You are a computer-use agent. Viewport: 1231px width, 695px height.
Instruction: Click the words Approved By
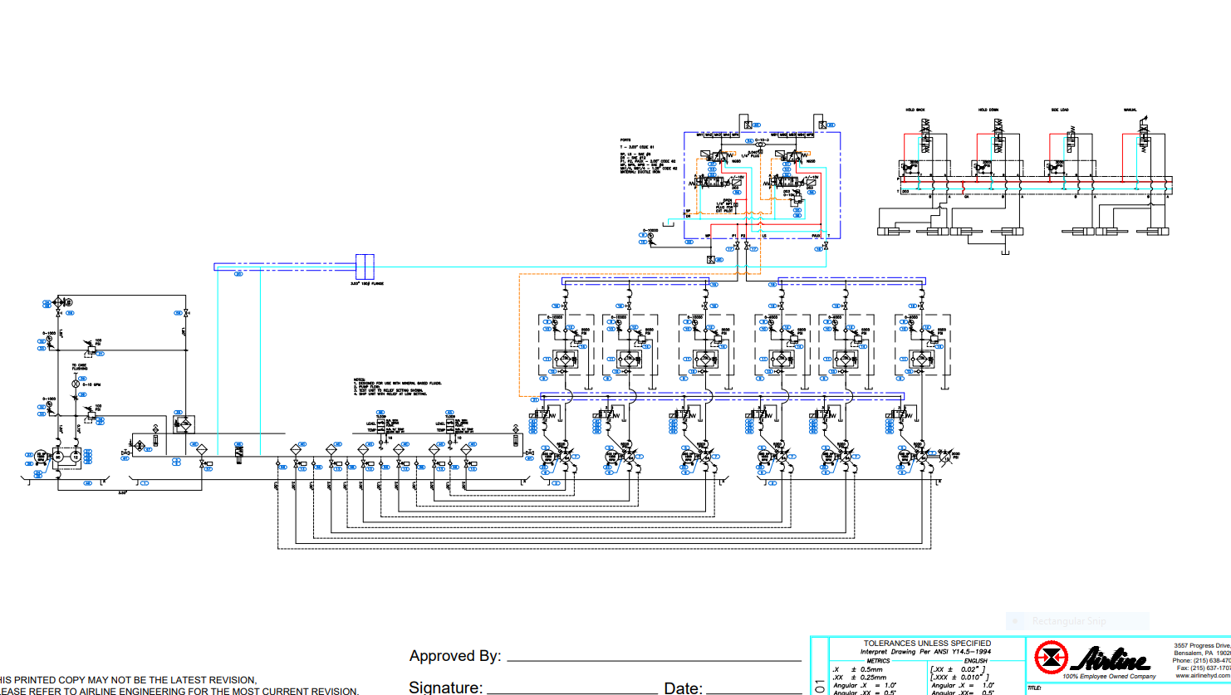click(454, 656)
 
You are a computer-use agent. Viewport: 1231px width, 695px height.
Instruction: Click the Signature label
click(445, 688)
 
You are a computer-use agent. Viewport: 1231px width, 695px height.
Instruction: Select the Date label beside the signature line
click(683, 688)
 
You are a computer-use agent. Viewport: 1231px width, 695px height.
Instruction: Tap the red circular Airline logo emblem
click(1051, 658)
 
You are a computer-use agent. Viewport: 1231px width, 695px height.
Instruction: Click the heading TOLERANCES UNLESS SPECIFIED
click(927, 644)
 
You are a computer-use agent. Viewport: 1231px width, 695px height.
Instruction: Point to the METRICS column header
click(878, 661)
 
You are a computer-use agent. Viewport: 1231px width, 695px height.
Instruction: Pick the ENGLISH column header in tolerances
click(975, 661)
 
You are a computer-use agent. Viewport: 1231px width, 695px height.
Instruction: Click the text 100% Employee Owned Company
click(1109, 677)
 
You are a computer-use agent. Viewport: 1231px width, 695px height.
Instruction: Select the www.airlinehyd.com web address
click(1203, 676)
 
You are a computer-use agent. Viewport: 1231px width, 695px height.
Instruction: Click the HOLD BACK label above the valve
click(915, 110)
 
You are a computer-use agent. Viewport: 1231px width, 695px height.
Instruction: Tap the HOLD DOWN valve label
click(988, 110)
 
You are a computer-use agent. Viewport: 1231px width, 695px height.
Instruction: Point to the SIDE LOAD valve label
click(1060, 110)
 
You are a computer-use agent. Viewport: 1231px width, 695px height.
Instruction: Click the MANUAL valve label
click(1130, 110)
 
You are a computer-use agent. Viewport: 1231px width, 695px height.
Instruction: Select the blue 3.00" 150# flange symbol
click(365, 267)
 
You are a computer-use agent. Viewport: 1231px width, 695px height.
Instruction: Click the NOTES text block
click(397, 387)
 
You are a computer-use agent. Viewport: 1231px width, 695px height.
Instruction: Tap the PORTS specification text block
click(648, 156)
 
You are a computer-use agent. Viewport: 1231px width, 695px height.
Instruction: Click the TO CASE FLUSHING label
click(79, 367)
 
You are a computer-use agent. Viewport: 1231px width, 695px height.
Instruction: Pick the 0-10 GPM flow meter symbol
click(75, 384)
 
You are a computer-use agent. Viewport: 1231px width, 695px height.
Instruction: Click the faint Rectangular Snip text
click(1068, 621)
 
